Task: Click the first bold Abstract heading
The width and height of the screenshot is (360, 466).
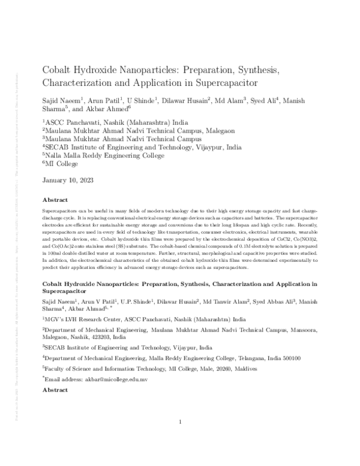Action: click(x=55, y=200)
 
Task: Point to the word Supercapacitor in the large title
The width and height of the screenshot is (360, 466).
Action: click(x=223, y=83)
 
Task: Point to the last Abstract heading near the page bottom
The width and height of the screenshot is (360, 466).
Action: click(x=55, y=390)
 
